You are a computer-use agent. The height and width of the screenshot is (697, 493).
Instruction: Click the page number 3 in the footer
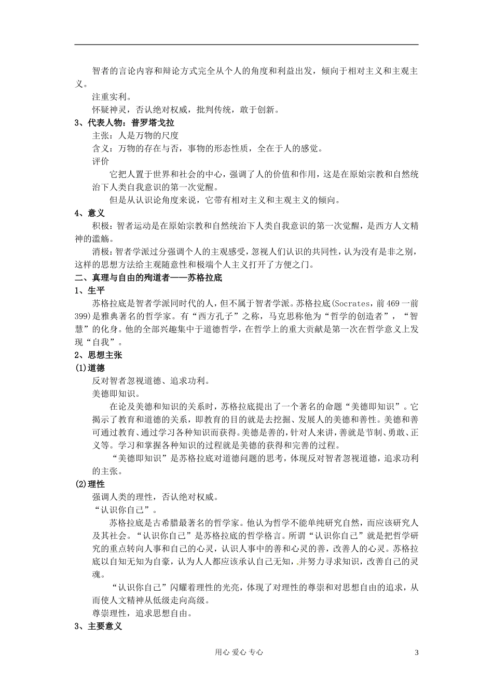[x=416, y=652]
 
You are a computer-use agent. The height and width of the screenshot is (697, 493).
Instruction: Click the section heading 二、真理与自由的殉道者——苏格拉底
[x=148, y=277]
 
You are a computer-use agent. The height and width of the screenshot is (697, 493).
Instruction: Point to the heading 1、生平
[x=89, y=290]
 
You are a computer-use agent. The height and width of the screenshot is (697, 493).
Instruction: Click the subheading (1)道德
[x=90, y=368]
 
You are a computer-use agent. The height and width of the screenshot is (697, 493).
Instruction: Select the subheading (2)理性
[x=90, y=484]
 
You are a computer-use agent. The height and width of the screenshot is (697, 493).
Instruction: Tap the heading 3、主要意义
[x=98, y=626]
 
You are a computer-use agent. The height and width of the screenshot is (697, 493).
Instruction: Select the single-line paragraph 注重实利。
[x=111, y=97]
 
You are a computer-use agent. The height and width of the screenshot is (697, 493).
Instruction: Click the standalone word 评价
[x=101, y=161]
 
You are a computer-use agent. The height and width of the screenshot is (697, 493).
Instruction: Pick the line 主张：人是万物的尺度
[x=135, y=136]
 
